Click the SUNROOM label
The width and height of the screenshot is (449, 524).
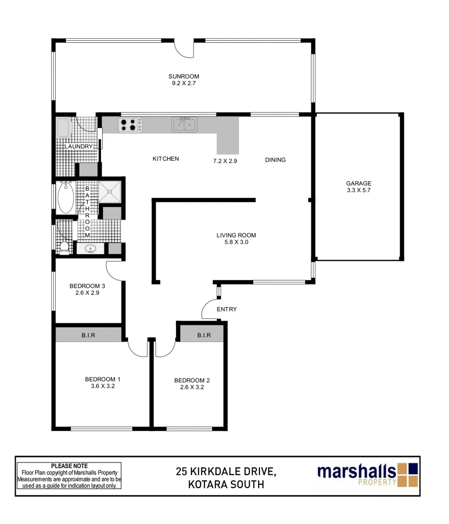184,76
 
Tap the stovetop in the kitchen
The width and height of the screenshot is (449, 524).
130,125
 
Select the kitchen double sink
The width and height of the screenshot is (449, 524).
184,125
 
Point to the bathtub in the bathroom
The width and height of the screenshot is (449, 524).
66,197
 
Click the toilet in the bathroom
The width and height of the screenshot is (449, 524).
64,246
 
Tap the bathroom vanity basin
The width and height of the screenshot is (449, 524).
90,249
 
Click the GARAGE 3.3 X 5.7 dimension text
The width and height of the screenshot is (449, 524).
358,191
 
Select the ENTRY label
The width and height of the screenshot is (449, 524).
226,309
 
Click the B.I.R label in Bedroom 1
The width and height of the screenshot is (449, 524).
88,335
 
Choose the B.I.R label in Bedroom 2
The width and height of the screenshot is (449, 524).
204,335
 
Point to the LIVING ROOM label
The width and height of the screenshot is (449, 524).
236,235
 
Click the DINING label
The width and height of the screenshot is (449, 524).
275,160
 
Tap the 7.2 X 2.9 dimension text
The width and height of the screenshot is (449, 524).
224,160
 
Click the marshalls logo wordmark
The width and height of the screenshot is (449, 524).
356,471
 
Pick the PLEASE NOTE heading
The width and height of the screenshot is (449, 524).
69,466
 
